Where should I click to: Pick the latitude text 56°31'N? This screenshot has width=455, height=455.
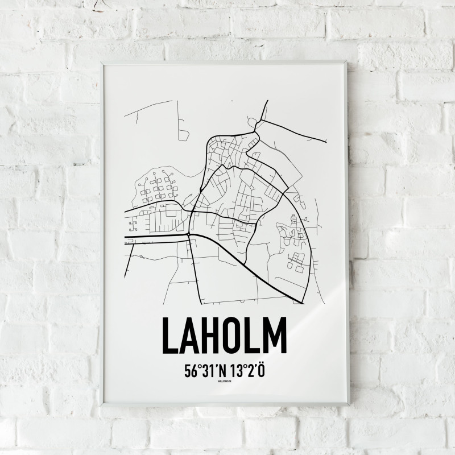tap(205, 371)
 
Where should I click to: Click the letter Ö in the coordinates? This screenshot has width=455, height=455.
tap(262, 370)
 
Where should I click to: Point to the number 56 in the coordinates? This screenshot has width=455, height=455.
tap(189, 371)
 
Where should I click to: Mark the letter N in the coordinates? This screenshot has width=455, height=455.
tap(221, 371)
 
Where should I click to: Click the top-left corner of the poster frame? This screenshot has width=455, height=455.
tap(102, 63)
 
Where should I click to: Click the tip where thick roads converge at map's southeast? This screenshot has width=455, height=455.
tap(303, 303)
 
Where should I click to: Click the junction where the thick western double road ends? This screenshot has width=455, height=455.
tap(189, 233)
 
